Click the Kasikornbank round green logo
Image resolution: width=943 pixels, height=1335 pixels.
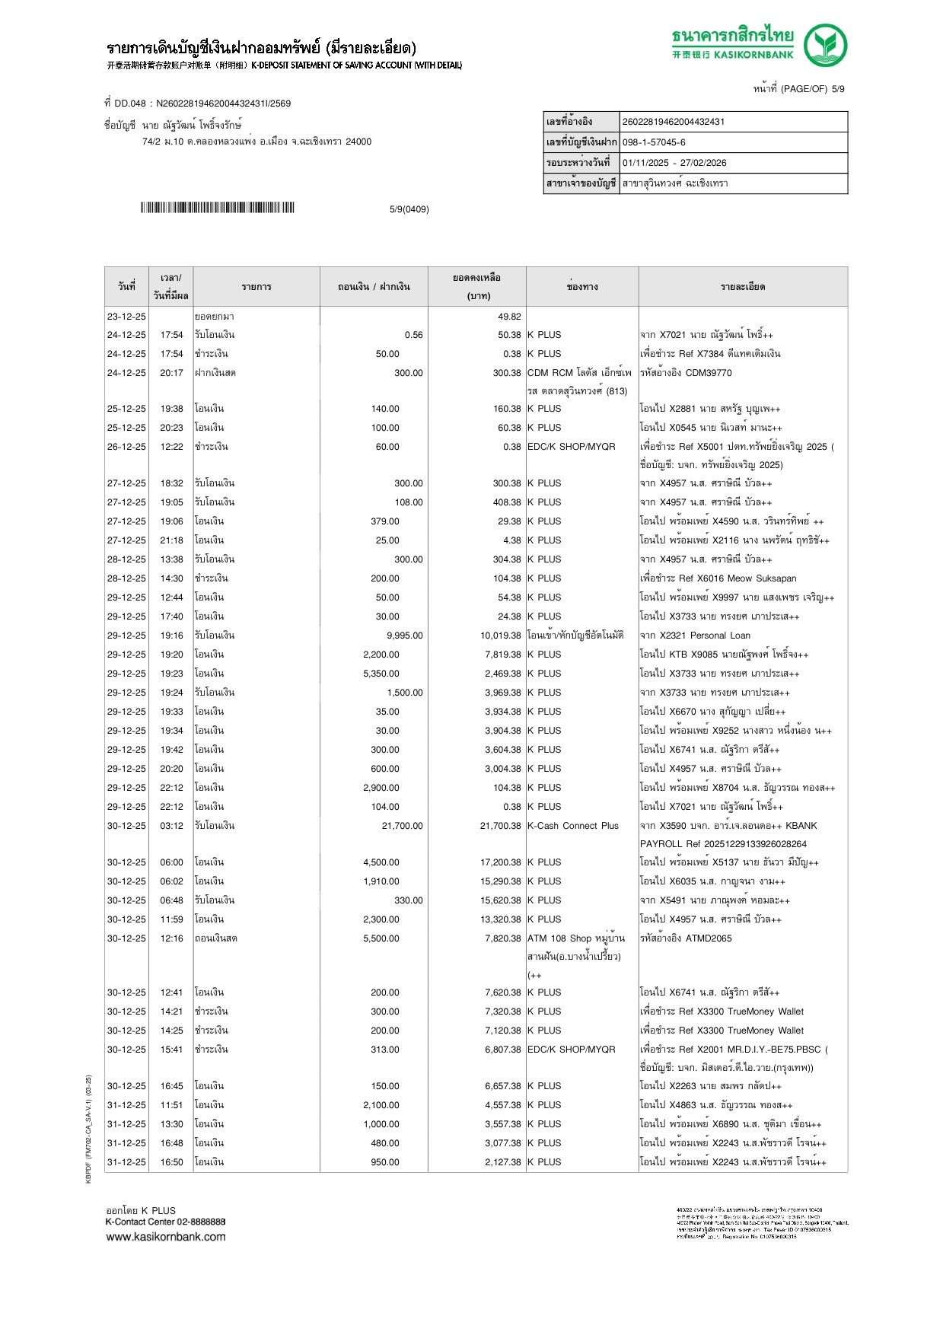[x=825, y=44]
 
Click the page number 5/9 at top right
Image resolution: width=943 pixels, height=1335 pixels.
[x=837, y=89]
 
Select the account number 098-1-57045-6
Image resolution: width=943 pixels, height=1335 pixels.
[x=654, y=142]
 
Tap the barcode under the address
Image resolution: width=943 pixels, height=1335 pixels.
[x=217, y=208]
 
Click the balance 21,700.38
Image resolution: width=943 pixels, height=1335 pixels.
[x=500, y=826]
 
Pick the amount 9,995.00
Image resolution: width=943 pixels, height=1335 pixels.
[x=404, y=636]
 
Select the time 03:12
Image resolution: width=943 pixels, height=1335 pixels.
[x=171, y=826]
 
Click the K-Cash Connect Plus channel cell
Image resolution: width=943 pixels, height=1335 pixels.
[x=572, y=826]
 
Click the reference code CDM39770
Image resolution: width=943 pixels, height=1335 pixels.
[x=708, y=373]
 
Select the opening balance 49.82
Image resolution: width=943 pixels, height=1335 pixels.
[x=509, y=317]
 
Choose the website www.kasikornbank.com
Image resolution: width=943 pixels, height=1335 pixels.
[x=166, y=1237]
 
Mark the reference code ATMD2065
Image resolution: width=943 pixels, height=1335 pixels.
[x=708, y=938]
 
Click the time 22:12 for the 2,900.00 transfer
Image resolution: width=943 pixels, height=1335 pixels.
[x=171, y=788]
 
